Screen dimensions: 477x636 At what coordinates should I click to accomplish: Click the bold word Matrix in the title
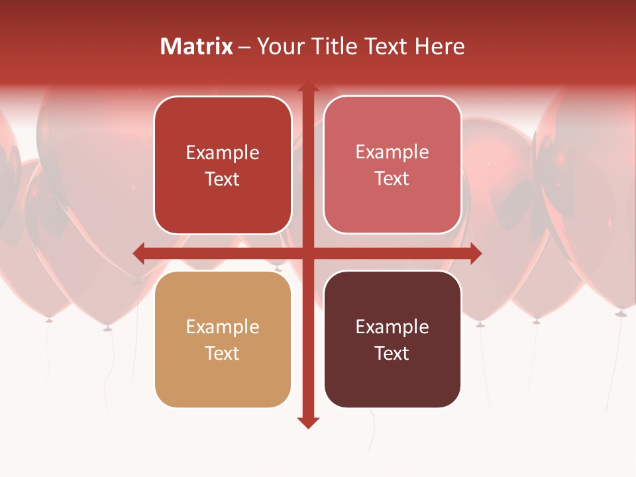point(196,46)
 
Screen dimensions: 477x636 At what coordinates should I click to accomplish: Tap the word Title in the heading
point(331,46)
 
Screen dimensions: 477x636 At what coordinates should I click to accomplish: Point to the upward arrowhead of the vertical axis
point(308,87)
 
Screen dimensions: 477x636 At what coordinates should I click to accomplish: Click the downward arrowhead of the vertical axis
point(308,423)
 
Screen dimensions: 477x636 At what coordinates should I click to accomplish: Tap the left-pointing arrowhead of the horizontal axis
point(138,252)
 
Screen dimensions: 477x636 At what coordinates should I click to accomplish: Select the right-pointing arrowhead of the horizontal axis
point(476,252)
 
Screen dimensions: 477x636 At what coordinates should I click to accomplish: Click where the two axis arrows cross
point(308,252)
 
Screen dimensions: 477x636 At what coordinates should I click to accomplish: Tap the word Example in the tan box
point(223,327)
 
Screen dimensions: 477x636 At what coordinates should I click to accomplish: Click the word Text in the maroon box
point(392,353)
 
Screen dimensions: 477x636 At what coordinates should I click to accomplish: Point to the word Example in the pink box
point(392,152)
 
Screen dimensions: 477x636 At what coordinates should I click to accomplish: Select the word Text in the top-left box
point(223,179)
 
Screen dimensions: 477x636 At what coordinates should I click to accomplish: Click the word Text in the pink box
point(392,178)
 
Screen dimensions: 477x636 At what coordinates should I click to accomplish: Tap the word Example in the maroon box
point(392,327)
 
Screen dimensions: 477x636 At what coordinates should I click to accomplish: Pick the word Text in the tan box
point(223,353)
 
